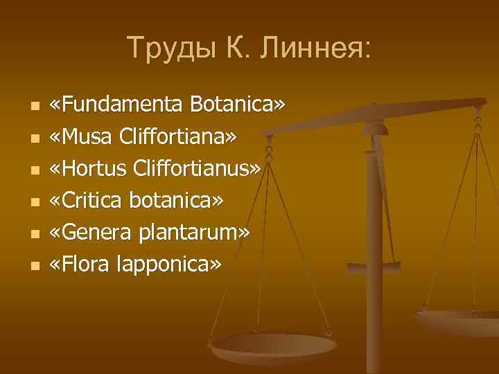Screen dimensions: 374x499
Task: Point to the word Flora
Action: (87, 264)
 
